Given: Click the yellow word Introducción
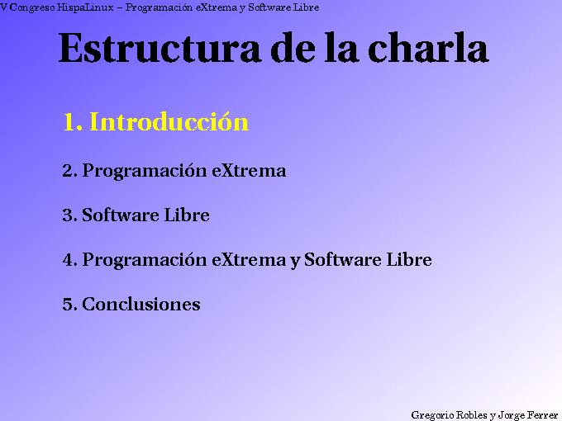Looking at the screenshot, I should [x=169, y=122].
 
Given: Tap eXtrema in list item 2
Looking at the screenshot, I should [x=249, y=172].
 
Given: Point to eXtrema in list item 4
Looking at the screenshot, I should [x=249, y=260].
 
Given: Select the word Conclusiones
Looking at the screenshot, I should [x=141, y=305].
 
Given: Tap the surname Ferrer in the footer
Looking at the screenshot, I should [x=542, y=414].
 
